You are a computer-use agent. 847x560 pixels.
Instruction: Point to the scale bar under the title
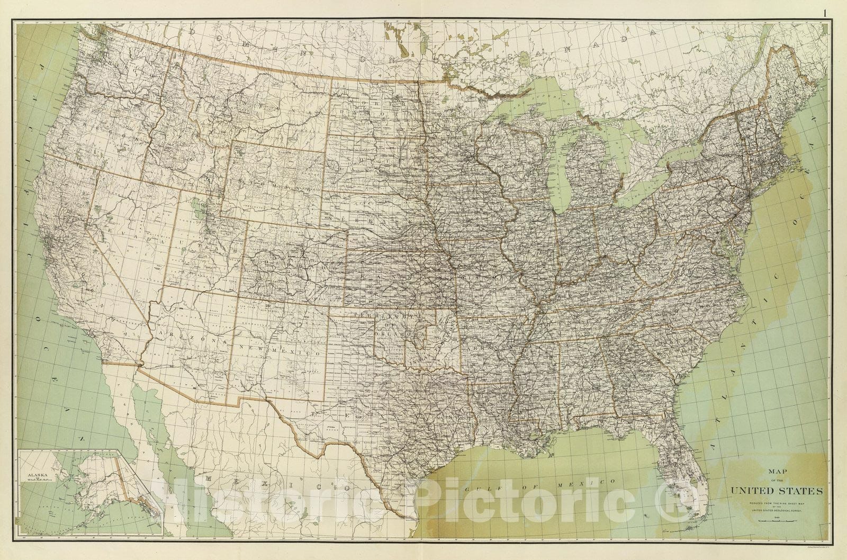click(776, 521)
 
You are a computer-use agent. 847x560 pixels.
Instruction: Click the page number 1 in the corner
click(840, 13)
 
